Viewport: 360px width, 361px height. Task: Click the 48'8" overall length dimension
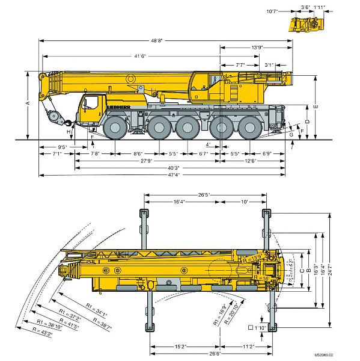pos(157,40)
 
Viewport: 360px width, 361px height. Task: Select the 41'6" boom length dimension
pos(140,56)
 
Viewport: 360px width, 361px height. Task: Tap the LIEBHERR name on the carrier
pos(119,107)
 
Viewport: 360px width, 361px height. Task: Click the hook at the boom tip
pos(68,123)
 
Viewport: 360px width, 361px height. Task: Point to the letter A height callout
pos(28,103)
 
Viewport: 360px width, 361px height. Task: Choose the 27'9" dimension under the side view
pos(147,161)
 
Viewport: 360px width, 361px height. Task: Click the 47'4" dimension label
pos(174,174)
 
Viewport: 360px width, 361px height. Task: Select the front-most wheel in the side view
pos(115,128)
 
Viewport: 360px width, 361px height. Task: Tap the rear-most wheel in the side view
pos(250,128)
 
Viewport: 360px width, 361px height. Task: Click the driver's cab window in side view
pos(90,103)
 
